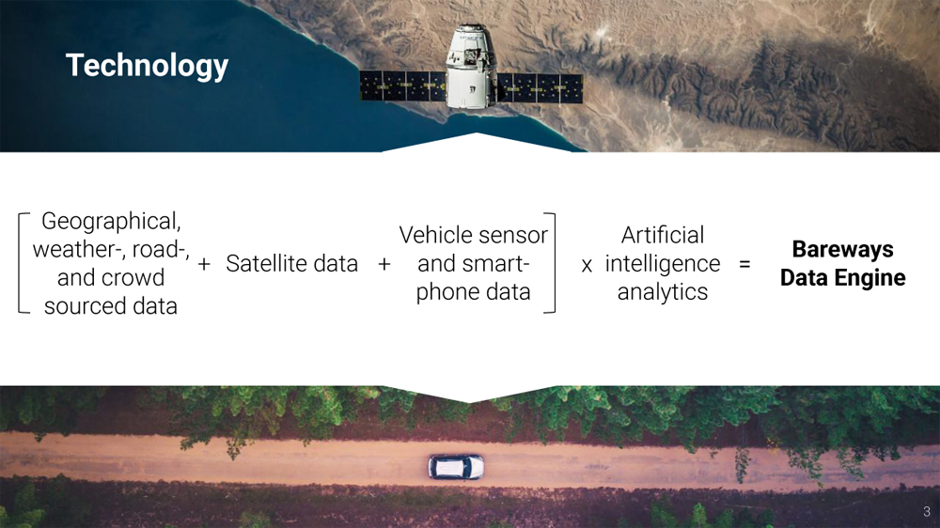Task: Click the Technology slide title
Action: coord(147,66)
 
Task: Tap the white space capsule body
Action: coord(471,67)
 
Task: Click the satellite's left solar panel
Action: coord(403,85)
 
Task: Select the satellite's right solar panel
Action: coord(540,88)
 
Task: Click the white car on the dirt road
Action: coord(456,467)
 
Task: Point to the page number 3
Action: coord(927,512)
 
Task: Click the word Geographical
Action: coord(111,221)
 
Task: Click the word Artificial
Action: coord(663,235)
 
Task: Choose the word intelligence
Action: coord(663,264)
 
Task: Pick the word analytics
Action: coord(663,292)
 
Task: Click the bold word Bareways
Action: coord(843,249)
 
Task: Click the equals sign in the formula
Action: coord(744,264)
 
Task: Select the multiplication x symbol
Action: coord(587,265)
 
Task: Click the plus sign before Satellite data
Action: coord(204,264)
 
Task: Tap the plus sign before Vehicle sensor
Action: coord(384,264)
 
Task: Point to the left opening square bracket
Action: coord(20,263)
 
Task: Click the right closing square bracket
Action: coord(554,263)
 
